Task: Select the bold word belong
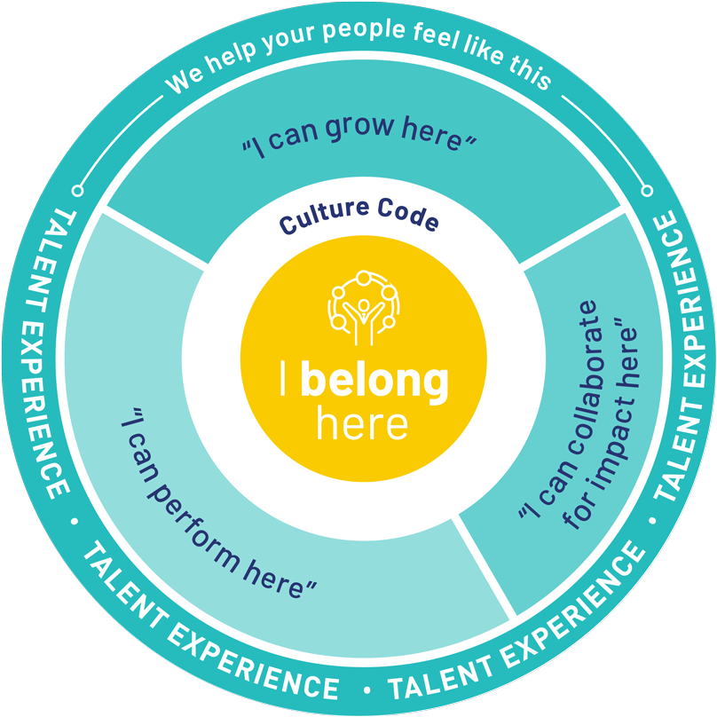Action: pyautogui.click(x=374, y=380)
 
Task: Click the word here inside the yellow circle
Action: pyautogui.click(x=362, y=425)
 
